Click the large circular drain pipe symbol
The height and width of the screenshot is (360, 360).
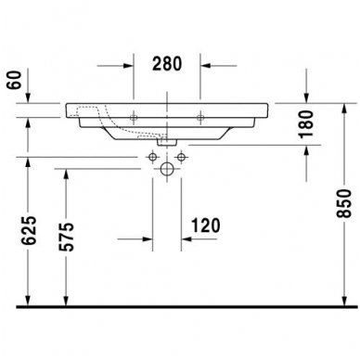tap(168, 170)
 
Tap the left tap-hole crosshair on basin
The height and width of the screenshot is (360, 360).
tap(136, 117)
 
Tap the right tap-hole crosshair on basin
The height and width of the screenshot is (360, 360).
tap(200, 117)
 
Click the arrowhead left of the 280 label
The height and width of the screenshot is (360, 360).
tap(131, 66)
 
